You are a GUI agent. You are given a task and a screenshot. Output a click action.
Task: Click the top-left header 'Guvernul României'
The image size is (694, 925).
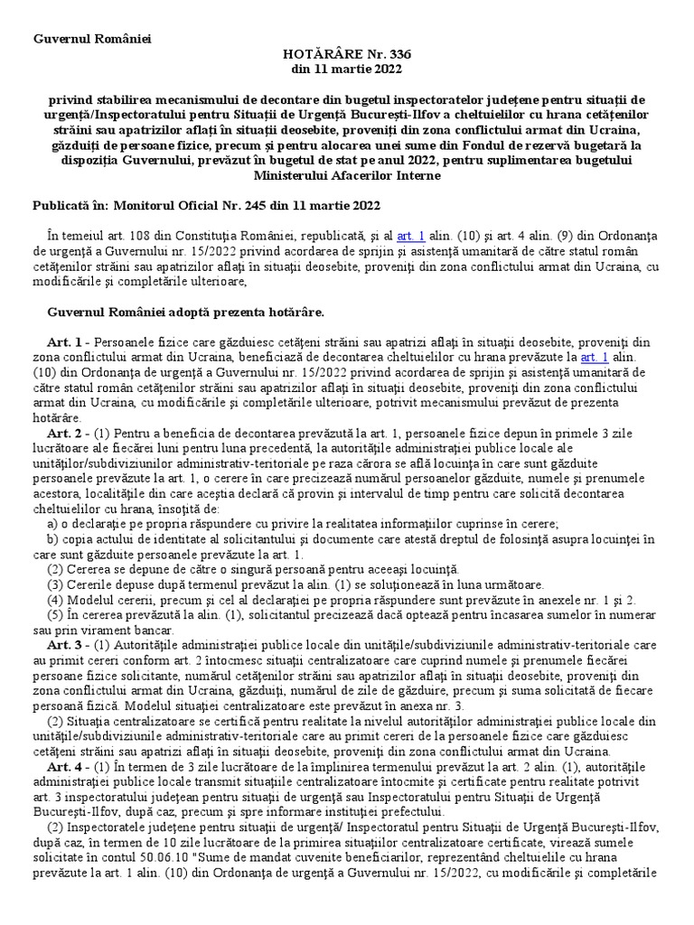point(93,39)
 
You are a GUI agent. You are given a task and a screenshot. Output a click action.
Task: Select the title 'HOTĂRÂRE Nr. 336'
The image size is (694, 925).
point(346,54)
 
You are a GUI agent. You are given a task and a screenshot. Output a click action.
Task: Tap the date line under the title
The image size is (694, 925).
point(346,70)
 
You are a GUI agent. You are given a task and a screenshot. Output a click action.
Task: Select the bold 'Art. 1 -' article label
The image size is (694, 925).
point(68,342)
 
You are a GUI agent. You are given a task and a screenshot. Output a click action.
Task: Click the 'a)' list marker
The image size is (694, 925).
point(52,523)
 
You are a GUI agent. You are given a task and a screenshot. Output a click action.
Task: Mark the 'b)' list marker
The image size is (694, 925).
point(52,538)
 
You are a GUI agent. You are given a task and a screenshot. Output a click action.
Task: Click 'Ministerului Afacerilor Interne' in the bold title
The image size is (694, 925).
point(347,174)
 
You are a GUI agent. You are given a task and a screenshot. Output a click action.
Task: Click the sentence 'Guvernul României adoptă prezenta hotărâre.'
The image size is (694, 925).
point(184,312)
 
